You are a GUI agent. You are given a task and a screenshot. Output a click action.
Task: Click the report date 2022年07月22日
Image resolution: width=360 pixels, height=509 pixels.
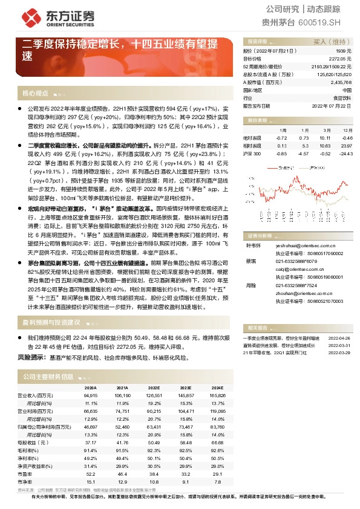(x=332, y=105)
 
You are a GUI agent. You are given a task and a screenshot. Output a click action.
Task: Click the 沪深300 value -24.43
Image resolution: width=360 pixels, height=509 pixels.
(x=345, y=154)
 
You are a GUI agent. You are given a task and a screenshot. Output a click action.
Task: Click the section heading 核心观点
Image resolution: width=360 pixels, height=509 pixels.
(x=35, y=93)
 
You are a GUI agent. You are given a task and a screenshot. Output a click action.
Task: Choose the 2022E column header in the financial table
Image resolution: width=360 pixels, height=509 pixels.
(x=154, y=387)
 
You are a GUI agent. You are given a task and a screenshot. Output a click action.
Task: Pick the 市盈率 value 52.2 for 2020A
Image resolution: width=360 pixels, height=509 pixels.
(x=90, y=474)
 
